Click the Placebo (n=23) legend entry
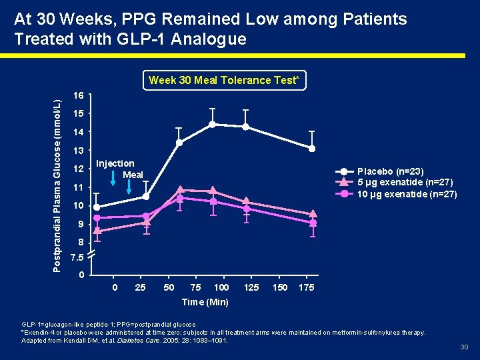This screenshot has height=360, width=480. click(390, 171)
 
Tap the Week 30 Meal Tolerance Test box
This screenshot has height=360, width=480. click(223, 81)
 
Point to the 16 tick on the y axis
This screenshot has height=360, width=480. click(77, 96)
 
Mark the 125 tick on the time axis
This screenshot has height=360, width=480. click(251, 287)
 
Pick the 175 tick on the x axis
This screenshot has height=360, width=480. click(307, 287)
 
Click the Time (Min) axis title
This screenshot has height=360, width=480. click(205, 302)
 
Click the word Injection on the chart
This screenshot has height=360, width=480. click(115, 163)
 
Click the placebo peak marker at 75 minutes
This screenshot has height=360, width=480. click(212, 124)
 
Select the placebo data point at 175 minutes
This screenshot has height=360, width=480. click(312, 148)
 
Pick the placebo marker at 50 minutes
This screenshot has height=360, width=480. click(179, 143)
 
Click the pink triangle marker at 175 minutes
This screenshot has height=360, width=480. click(313, 214)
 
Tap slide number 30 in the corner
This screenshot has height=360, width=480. click(464, 347)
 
